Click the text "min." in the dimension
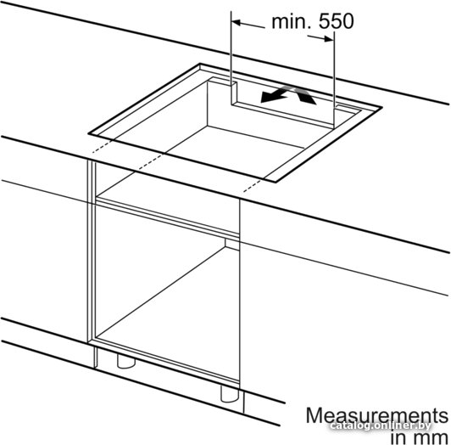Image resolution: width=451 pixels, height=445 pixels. tap(291, 21)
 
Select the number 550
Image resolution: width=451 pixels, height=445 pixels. tap(337, 21)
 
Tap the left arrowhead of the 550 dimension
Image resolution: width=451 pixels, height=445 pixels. tap(237, 22)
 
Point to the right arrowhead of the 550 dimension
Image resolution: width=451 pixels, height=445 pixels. tap(329, 38)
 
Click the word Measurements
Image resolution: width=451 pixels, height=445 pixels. tap(377, 415)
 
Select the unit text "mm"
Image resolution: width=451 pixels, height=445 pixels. tap(431, 437)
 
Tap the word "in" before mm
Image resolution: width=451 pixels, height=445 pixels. tap(399, 437)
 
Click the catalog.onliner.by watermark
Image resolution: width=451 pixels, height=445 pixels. tap(381, 425)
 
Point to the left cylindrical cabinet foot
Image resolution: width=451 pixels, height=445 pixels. tap(126, 361)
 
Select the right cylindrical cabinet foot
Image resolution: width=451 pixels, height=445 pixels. tap(230, 393)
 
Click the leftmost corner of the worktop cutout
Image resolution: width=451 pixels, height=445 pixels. tap(89, 134)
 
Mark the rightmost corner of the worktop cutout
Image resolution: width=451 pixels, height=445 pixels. tap(381, 107)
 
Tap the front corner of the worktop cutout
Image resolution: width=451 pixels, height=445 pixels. tap(276, 182)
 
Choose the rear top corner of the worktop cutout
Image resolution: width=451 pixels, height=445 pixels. tap(200, 64)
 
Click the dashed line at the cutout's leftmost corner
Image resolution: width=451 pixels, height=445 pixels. tap(102, 146)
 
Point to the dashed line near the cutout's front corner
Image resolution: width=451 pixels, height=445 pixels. tap(253, 185)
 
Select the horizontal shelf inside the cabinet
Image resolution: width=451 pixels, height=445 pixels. tap(168, 215)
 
